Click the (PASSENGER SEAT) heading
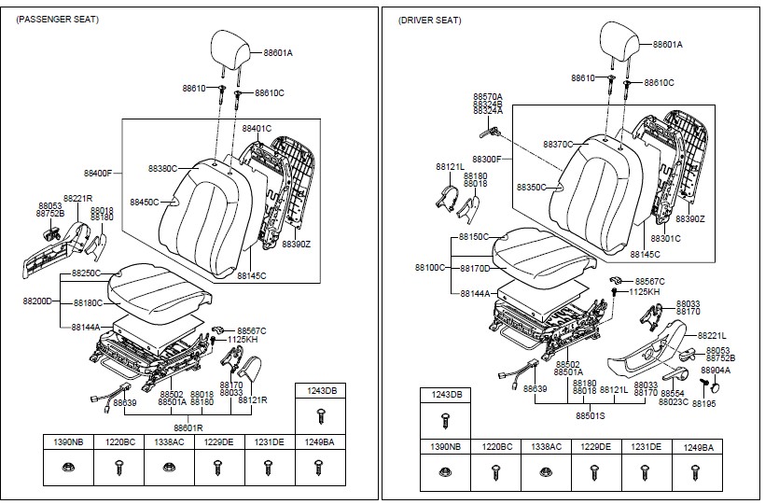[x=58, y=20]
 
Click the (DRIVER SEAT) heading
[x=429, y=20]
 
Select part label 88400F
[x=97, y=174]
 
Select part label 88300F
[x=486, y=160]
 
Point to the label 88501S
[x=590, y=415]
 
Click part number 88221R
[x=77, y=199]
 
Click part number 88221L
[x=712, y=334]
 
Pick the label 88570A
[x=487, y=96]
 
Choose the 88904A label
[x=716, y=371]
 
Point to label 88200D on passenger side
[x=36, y=302]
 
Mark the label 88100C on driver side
[x=429, y=268]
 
